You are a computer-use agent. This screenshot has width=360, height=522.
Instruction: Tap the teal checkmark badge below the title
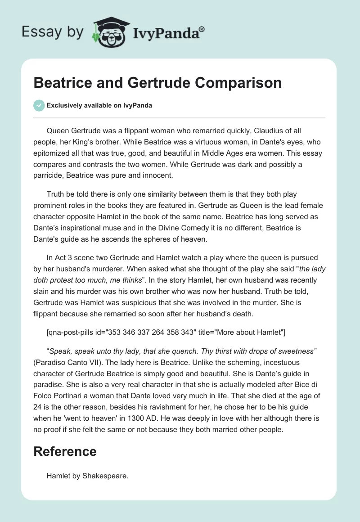[x=39, y=105]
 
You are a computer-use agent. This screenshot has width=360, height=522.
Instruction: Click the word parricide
[x=49, y=175]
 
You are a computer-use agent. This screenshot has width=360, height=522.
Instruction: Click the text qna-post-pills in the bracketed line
[x=74, y=333]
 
